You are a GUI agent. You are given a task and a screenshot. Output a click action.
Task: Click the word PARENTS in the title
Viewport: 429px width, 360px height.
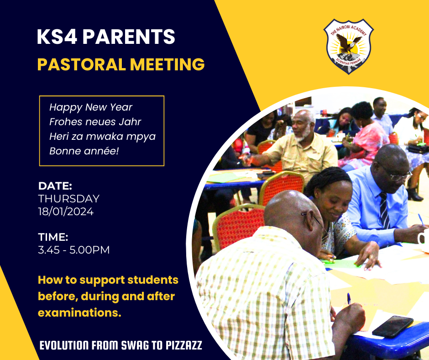point(129,37)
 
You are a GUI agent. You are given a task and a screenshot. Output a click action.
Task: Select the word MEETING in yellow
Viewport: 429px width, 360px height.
point(167,64)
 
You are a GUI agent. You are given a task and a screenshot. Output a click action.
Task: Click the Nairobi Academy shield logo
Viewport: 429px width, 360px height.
point(348,46)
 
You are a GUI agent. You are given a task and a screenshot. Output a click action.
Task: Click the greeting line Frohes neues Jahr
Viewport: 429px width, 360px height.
point(95,122)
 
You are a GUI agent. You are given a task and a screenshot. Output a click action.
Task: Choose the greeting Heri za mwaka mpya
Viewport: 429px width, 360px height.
point(102,137)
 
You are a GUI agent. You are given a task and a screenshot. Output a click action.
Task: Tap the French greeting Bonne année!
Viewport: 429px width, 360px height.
point(84,151)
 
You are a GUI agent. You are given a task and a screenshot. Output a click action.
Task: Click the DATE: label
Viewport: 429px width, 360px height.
point(55,186)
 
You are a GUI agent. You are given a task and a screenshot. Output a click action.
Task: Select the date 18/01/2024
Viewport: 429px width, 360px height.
point(66,212)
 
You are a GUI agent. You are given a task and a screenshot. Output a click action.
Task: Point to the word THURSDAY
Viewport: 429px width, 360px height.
point(68,199)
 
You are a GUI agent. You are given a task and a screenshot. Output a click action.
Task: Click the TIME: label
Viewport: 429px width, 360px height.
point(53,237)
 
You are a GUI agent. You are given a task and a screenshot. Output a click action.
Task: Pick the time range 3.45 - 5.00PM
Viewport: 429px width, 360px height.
point(73,250)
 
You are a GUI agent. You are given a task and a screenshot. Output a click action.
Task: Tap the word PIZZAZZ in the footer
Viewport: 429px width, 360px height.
point(184,345)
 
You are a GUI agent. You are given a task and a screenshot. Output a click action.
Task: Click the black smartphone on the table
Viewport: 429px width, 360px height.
point(392,326)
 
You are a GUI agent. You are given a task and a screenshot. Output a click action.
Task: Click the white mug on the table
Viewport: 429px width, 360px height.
point(424,237)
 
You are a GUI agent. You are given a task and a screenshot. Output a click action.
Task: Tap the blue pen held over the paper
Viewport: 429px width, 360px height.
point(349,299)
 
